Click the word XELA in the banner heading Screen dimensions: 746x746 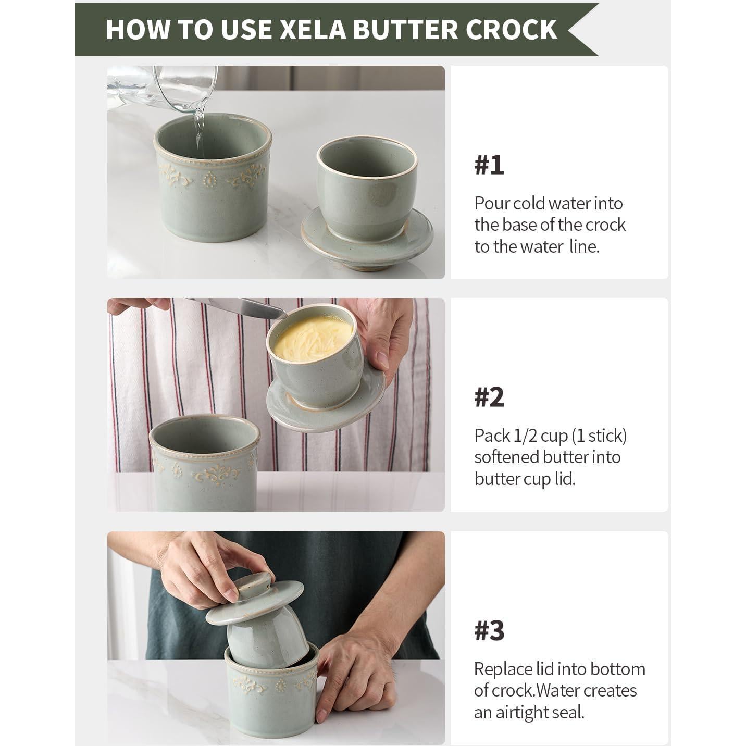click(313, 29)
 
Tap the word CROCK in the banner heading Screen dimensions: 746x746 click(512, 29)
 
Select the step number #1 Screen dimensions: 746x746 click(489, 165)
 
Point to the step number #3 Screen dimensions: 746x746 click(489, 630)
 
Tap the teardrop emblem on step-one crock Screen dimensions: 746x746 click(210, 180)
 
